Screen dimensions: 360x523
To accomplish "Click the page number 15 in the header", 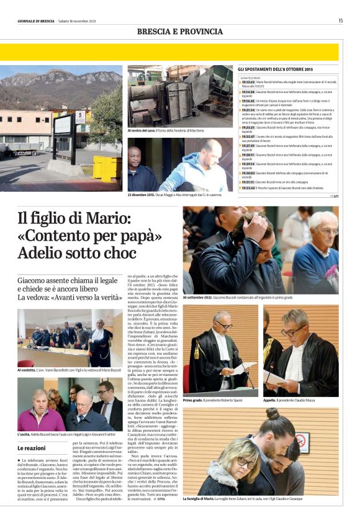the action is point(340,20).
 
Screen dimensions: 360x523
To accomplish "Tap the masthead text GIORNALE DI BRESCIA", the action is point(37,21).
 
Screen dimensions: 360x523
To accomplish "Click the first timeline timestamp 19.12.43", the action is point(248,81).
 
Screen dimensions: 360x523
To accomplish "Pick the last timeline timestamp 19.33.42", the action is point(248,187).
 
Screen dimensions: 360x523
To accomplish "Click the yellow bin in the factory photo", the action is point(107,169).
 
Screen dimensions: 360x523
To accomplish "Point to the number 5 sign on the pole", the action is point(79,115).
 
